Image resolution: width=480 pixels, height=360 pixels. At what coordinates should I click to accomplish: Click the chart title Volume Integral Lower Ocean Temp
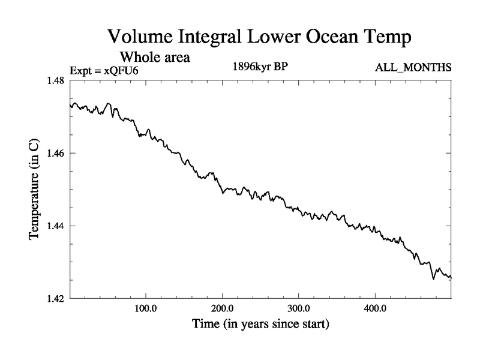coord(259,37)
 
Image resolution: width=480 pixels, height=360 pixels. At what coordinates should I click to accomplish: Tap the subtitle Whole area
coord(155,58)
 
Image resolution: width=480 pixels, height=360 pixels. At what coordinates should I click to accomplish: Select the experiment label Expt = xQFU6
coord(108,71)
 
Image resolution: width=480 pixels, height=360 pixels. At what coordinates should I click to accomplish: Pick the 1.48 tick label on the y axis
coord(53,81)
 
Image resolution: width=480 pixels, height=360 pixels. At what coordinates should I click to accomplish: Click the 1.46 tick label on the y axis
coord(53,154)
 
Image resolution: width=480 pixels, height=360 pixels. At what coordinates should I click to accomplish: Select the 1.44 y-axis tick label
coord(53,226)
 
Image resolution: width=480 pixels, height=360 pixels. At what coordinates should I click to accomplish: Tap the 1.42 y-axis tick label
coord(53,299)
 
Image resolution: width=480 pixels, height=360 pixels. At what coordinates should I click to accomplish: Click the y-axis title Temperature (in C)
coord(35,189)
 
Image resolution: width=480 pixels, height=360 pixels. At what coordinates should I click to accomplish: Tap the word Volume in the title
coord(140,37)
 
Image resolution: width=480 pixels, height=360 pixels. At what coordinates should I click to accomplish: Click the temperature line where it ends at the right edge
coord(450,277)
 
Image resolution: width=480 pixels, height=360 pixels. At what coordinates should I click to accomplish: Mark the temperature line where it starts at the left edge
coord(71,106)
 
